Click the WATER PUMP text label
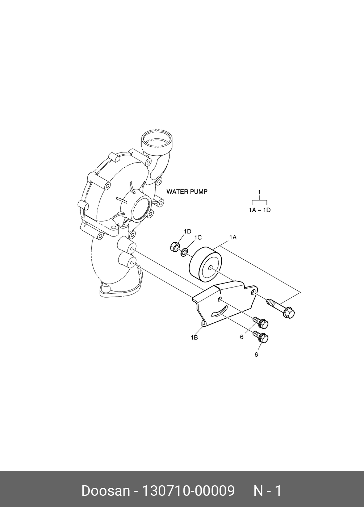(187, 192)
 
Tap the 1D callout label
(187, 231)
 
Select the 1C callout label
(198, 238)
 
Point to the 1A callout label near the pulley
(233, 237)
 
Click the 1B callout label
(194, 338)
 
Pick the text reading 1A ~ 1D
(260, 210)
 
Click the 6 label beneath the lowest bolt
(256, 355)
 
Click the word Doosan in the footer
(105, 491)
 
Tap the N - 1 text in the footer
(267, 491)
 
